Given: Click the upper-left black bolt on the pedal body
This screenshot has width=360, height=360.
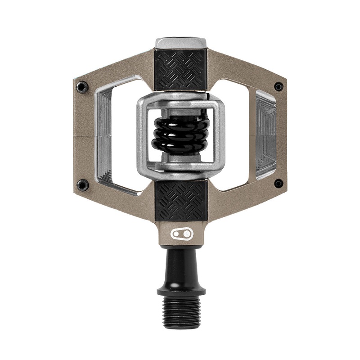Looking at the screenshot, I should [x=82, y=87].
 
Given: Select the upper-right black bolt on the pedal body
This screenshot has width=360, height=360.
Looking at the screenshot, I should [x=279, y=86].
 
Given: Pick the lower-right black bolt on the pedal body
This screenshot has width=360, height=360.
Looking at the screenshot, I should [x=279, y=183].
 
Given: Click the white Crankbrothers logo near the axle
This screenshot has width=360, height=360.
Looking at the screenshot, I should [x=182, y=234].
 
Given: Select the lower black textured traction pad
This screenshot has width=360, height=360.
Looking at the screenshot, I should [x=181, y=200].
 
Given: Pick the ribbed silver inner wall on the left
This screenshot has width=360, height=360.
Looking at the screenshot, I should [x=104, y=135].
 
